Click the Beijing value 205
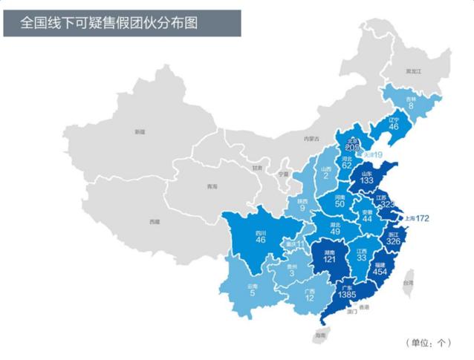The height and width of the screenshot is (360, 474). (x=352, y=148)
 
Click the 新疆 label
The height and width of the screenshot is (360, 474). (x=140, y=131)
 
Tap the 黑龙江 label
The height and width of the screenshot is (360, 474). (x=413, y=71)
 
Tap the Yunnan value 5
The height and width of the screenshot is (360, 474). (x=253, y=292)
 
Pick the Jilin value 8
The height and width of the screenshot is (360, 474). (x=411, y=105)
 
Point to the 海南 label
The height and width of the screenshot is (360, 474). (x=319, y=336)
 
